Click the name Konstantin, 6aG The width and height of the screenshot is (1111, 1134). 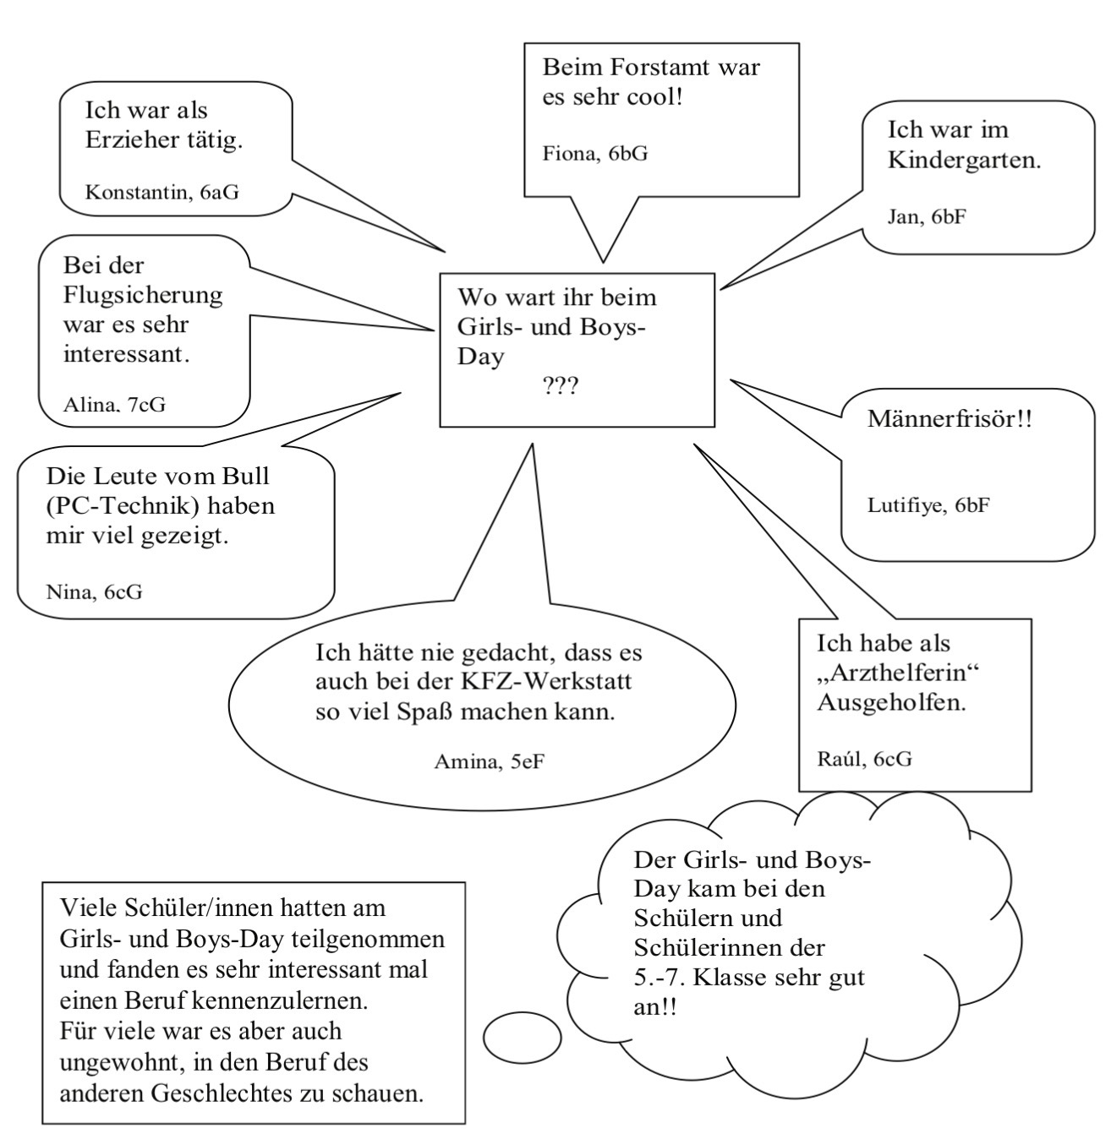point(161,193)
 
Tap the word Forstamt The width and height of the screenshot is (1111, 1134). point(648,67)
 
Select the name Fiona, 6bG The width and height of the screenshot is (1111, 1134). point(595,153)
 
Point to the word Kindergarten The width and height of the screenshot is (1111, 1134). point(964,161)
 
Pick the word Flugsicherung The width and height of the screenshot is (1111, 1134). point(143,295)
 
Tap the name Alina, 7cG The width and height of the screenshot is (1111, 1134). point(114,404)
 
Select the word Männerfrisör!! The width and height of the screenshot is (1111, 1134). point(950,419)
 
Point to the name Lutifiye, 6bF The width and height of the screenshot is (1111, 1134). point(928,505)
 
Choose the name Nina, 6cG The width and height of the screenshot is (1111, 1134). point(94,592)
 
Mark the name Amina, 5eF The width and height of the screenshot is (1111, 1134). point(489,762)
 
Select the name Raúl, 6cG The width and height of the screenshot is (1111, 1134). point(864,758)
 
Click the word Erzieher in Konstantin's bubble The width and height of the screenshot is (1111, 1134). point(131,139)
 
